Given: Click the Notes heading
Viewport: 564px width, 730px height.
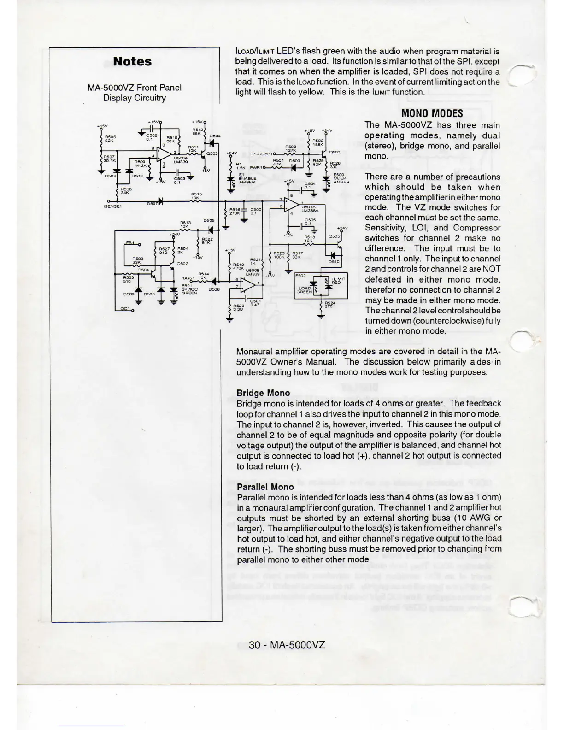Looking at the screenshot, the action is tap(132, 62).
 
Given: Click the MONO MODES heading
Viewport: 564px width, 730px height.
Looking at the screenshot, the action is tap(432, 113).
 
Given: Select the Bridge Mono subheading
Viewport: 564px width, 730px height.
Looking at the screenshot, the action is tap(263, 393).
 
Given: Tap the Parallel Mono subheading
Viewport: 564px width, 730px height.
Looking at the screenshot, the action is tap(265, 487).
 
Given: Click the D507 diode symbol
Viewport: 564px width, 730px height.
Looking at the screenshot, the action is tap(159, 201).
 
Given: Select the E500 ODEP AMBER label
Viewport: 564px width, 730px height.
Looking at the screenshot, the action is tap(341, 179).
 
